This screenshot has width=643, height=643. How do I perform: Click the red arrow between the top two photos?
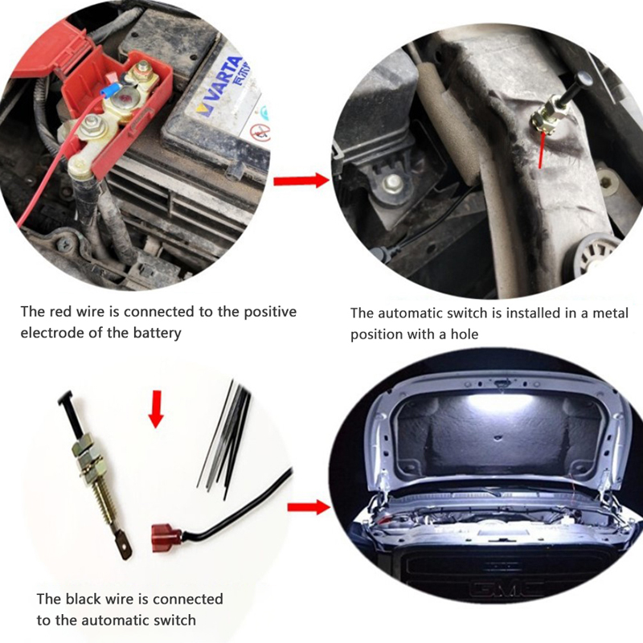point(301,180)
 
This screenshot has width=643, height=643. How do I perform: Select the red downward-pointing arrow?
point(156,409)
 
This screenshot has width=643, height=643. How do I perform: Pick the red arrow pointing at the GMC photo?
point(309,507)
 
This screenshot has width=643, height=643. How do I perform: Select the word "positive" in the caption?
point(270,312)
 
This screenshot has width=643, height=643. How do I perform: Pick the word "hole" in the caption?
point(464,334)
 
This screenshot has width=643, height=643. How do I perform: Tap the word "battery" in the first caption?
point(157,333)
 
